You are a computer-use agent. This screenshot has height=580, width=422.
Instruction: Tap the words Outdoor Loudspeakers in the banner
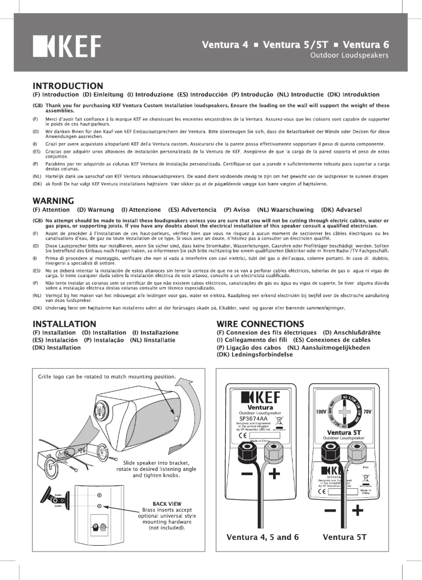[x=349, y=55]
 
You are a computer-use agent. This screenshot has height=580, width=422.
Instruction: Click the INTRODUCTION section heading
[x=67, y=86]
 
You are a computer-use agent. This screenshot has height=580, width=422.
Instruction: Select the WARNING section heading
[x=53, y=201]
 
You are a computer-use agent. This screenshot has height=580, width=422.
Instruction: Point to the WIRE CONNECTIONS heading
[x=260, y=323]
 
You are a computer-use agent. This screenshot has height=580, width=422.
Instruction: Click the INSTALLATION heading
[x=64, y=323]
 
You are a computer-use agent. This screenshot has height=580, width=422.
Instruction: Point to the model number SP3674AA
[x=253, y=419]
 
